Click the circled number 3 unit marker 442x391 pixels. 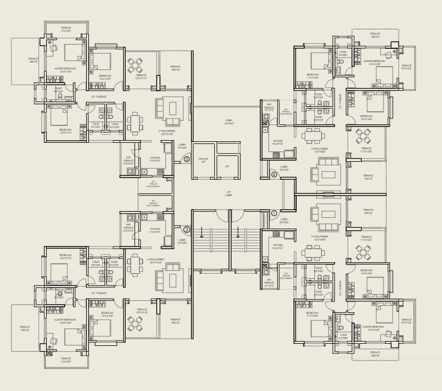[x=187, y=159]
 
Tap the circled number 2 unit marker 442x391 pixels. [x=187, y=229]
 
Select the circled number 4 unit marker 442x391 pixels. [x=274, y=174]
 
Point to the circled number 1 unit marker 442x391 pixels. [x=274, y=213]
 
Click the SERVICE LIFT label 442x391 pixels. [x=203, y=160]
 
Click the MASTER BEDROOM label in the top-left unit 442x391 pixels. [x=65, y=70]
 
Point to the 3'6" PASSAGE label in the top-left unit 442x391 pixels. [x=99, y=97]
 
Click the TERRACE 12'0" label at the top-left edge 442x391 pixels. [x=66, y=30]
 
